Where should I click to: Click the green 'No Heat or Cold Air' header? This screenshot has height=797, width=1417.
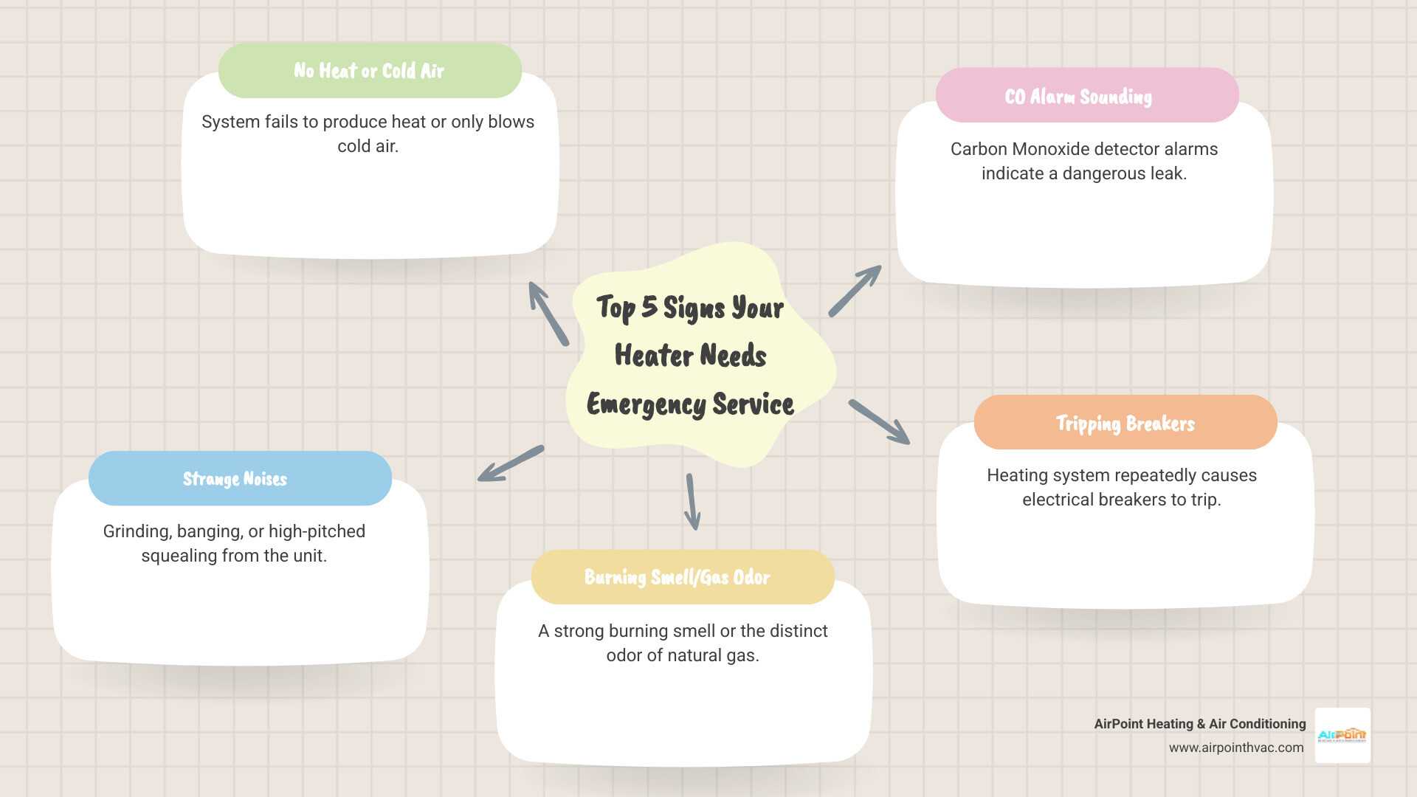370,71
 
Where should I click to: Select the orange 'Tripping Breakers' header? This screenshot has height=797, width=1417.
1125,423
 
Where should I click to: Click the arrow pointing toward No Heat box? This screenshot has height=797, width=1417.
548,313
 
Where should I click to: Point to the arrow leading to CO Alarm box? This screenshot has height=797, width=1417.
855,291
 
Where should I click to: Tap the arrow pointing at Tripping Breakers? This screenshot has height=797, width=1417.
879,422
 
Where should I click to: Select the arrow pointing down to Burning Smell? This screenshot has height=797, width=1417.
692,502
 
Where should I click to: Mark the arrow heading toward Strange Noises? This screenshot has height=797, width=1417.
510,464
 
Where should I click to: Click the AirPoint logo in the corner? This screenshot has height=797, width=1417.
1342,735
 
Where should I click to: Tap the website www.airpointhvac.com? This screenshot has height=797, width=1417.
1235,748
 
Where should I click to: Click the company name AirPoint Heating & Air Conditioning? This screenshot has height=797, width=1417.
1199,724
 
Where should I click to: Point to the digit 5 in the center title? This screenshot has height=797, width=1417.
649,306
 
